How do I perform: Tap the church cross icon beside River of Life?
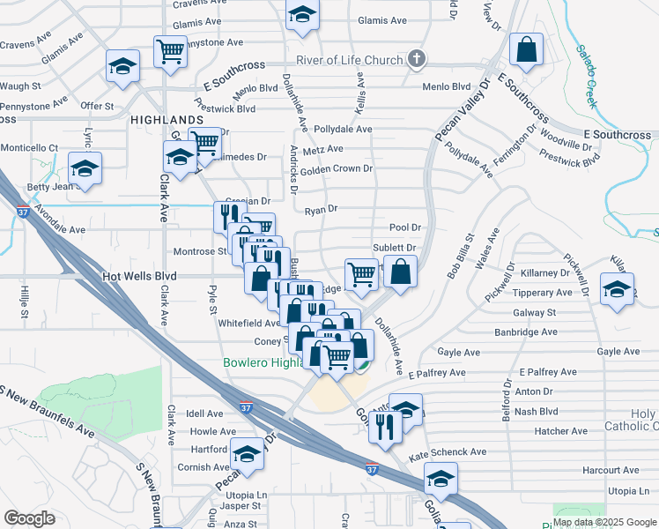418,60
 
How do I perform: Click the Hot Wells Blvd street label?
140,277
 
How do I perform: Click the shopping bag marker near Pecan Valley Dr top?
526,52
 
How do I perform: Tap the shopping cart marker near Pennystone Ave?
169,50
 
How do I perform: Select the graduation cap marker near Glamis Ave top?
302,15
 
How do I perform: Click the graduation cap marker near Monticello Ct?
85,168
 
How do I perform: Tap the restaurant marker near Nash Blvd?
386,425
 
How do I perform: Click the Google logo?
29,518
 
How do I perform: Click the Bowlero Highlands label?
263,363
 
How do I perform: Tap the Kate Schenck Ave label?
448,452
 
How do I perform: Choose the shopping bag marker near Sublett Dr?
400,272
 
